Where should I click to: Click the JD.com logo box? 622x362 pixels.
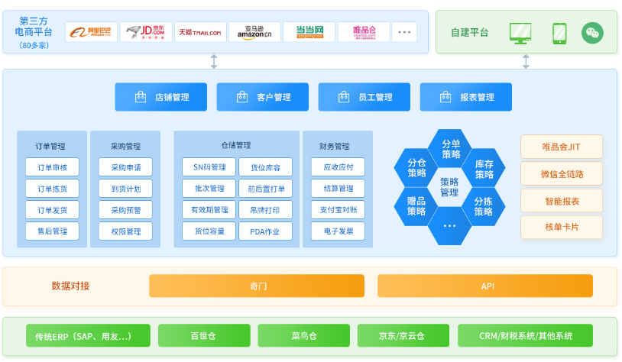(146, 32)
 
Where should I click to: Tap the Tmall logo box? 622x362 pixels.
(200, 32)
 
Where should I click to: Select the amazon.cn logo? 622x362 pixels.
(254, 32)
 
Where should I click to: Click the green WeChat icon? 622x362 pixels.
(592, 32)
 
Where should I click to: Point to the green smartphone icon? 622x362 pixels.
(559, 32)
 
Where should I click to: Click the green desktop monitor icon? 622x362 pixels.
(520, 32)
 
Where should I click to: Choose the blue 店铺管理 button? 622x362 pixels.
(161, 97)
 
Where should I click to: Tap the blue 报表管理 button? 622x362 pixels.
(466, 97)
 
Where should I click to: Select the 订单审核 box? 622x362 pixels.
(52, 167)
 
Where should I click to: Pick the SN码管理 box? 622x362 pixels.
(209, 167)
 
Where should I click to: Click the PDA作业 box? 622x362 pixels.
(264, 231)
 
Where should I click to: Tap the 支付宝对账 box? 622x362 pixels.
(338, 209)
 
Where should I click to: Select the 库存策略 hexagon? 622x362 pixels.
(484, 170)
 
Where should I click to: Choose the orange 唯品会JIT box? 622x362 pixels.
(562, 147)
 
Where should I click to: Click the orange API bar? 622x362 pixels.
(484, 286)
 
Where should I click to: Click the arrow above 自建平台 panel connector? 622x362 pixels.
(526, 62)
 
